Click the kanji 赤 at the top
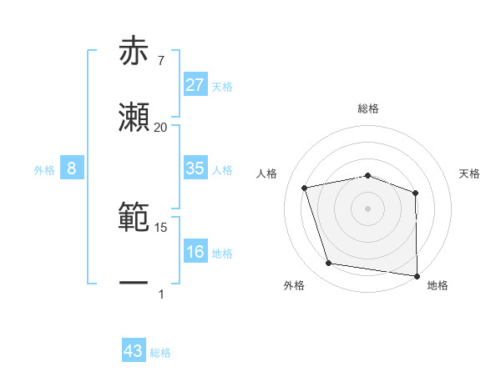point(134,53)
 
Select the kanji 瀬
point(134,118)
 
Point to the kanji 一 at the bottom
point(134,284)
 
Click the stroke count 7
point(161,61)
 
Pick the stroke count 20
point(161,128)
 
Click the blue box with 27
point(195,85)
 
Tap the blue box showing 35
point(195,168)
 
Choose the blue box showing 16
point(195,252)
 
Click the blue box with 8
point(72,168)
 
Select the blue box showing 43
point(134,352)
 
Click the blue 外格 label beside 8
point(44,170)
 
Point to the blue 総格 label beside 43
point(160,353)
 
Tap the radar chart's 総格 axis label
point(368,108)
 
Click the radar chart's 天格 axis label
point(470,173)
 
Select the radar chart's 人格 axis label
point(267,173)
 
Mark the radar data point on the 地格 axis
point(417,275)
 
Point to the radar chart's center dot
point(368,208)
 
